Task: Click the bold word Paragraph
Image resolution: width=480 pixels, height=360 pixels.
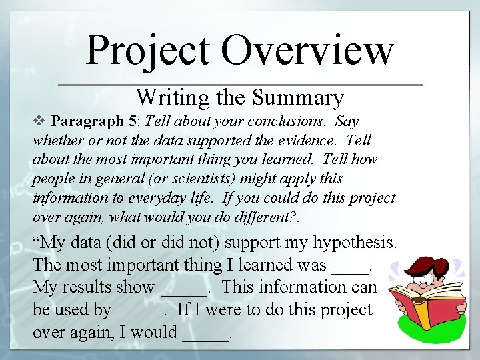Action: tap(87, 121)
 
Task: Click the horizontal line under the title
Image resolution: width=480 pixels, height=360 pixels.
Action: tap(240, 85)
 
